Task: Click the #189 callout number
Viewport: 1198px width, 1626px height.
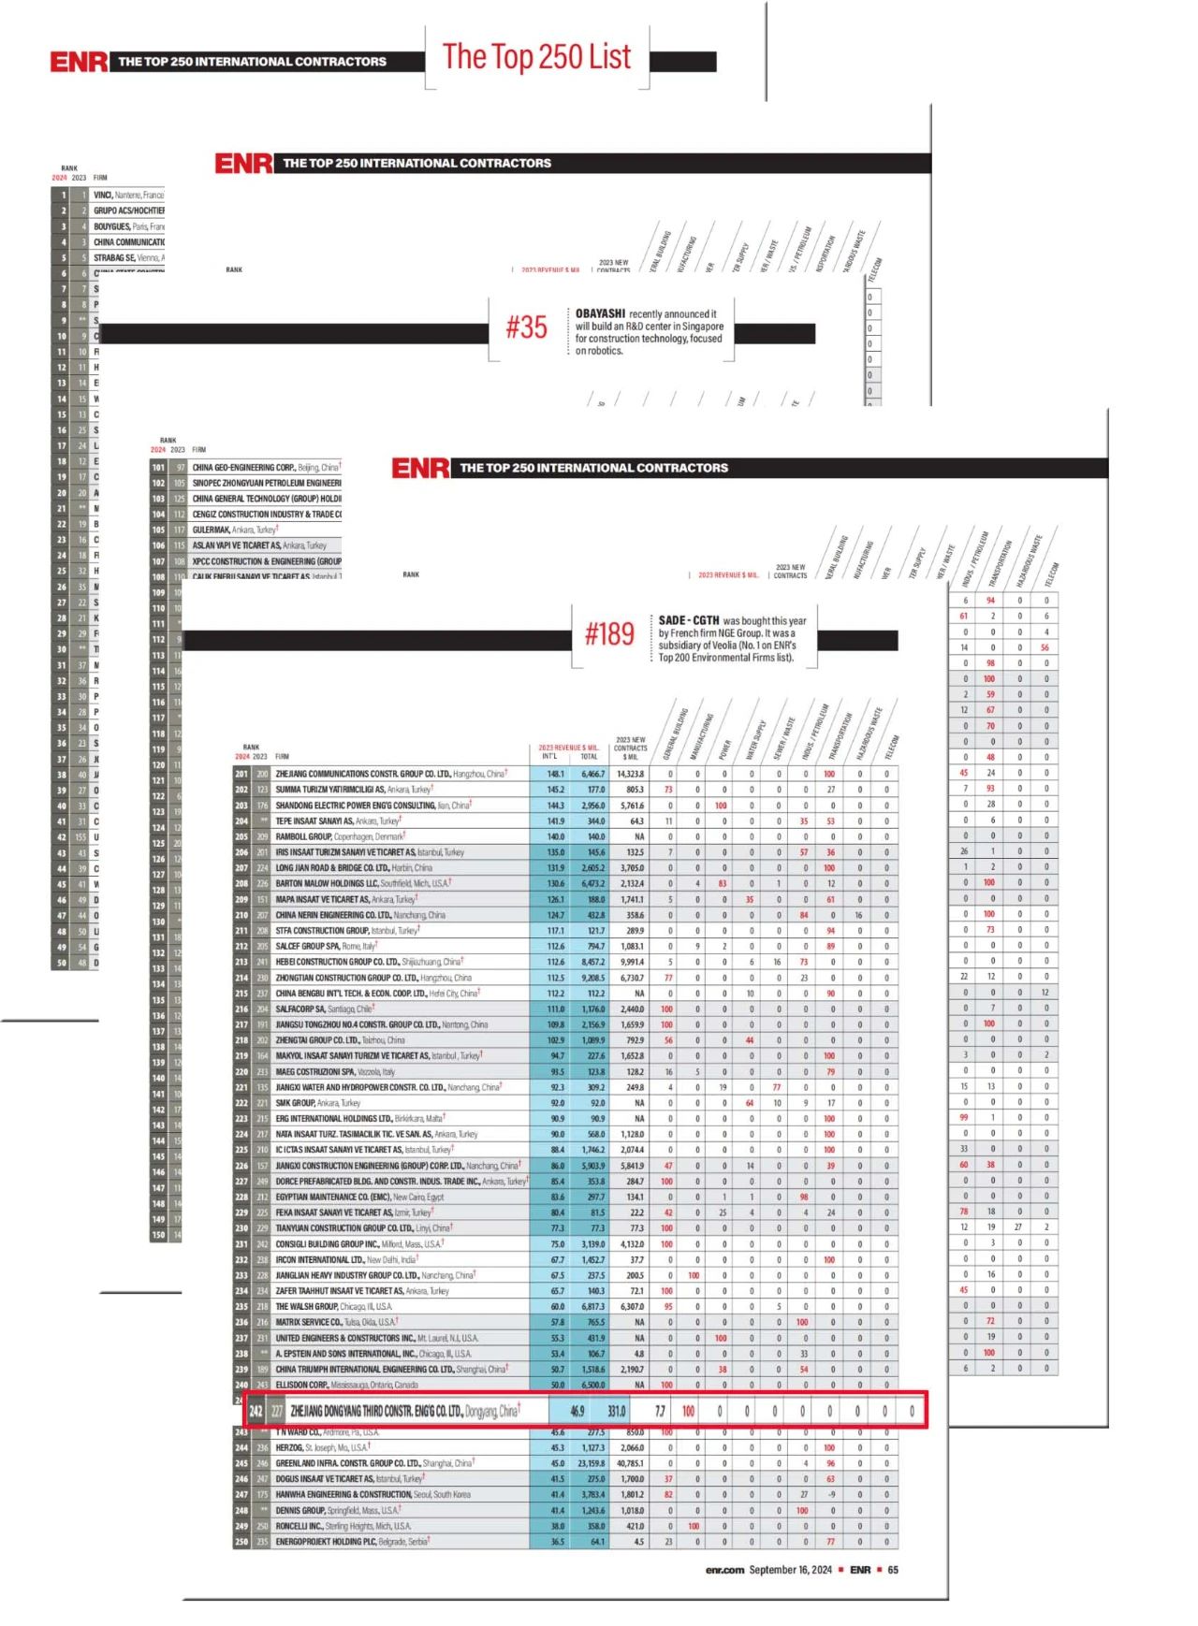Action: click(609, 634)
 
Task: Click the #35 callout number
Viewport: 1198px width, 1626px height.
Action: click(526, 327)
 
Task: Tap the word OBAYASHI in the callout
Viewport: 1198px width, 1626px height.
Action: click(600, 314)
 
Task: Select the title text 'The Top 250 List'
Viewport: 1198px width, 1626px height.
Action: click(536, 57)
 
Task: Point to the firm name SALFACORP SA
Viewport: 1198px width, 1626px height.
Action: click(300, 1009)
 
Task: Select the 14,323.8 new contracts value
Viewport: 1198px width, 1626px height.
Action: click(630, 774)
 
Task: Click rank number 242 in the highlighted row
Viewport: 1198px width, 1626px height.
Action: click(256, 1411)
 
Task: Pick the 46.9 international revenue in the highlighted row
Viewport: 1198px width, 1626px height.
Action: click(577, 1411)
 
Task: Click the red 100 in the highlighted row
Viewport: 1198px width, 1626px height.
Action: click(688, 1411)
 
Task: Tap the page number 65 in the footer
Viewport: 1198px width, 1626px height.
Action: click(893, 1570)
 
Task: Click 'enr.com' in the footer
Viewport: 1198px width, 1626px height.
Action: click(724, 1570)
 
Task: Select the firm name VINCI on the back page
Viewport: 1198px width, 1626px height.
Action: click(103, 195)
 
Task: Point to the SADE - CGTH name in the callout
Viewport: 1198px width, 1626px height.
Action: click(689, 620)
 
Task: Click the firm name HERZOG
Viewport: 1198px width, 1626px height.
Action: click(289, 1447)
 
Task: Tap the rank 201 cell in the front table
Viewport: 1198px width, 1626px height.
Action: click(241, 774)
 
